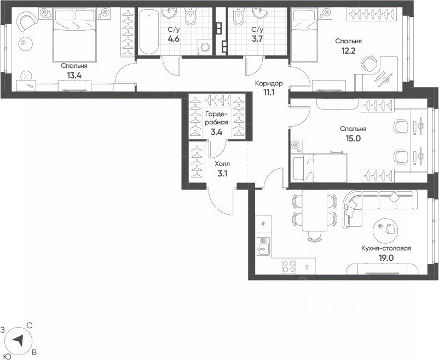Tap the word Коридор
tap(269, 83)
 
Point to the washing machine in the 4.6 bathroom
tap(205, 47)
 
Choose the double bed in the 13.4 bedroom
tap(74, 35)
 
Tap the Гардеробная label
tap(216, 118)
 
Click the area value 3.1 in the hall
tap(222, 174)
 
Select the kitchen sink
tap(263, 246)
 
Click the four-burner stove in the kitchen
tap(289, 266)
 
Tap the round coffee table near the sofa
tap(385, 229)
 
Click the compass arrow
tap(19, 340)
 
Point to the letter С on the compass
tap(29, 325)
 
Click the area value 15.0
tap(353, 138)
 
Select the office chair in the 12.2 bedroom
tap(369, 64)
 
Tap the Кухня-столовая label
tap(386, 248)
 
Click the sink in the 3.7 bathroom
tap(261, 13)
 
